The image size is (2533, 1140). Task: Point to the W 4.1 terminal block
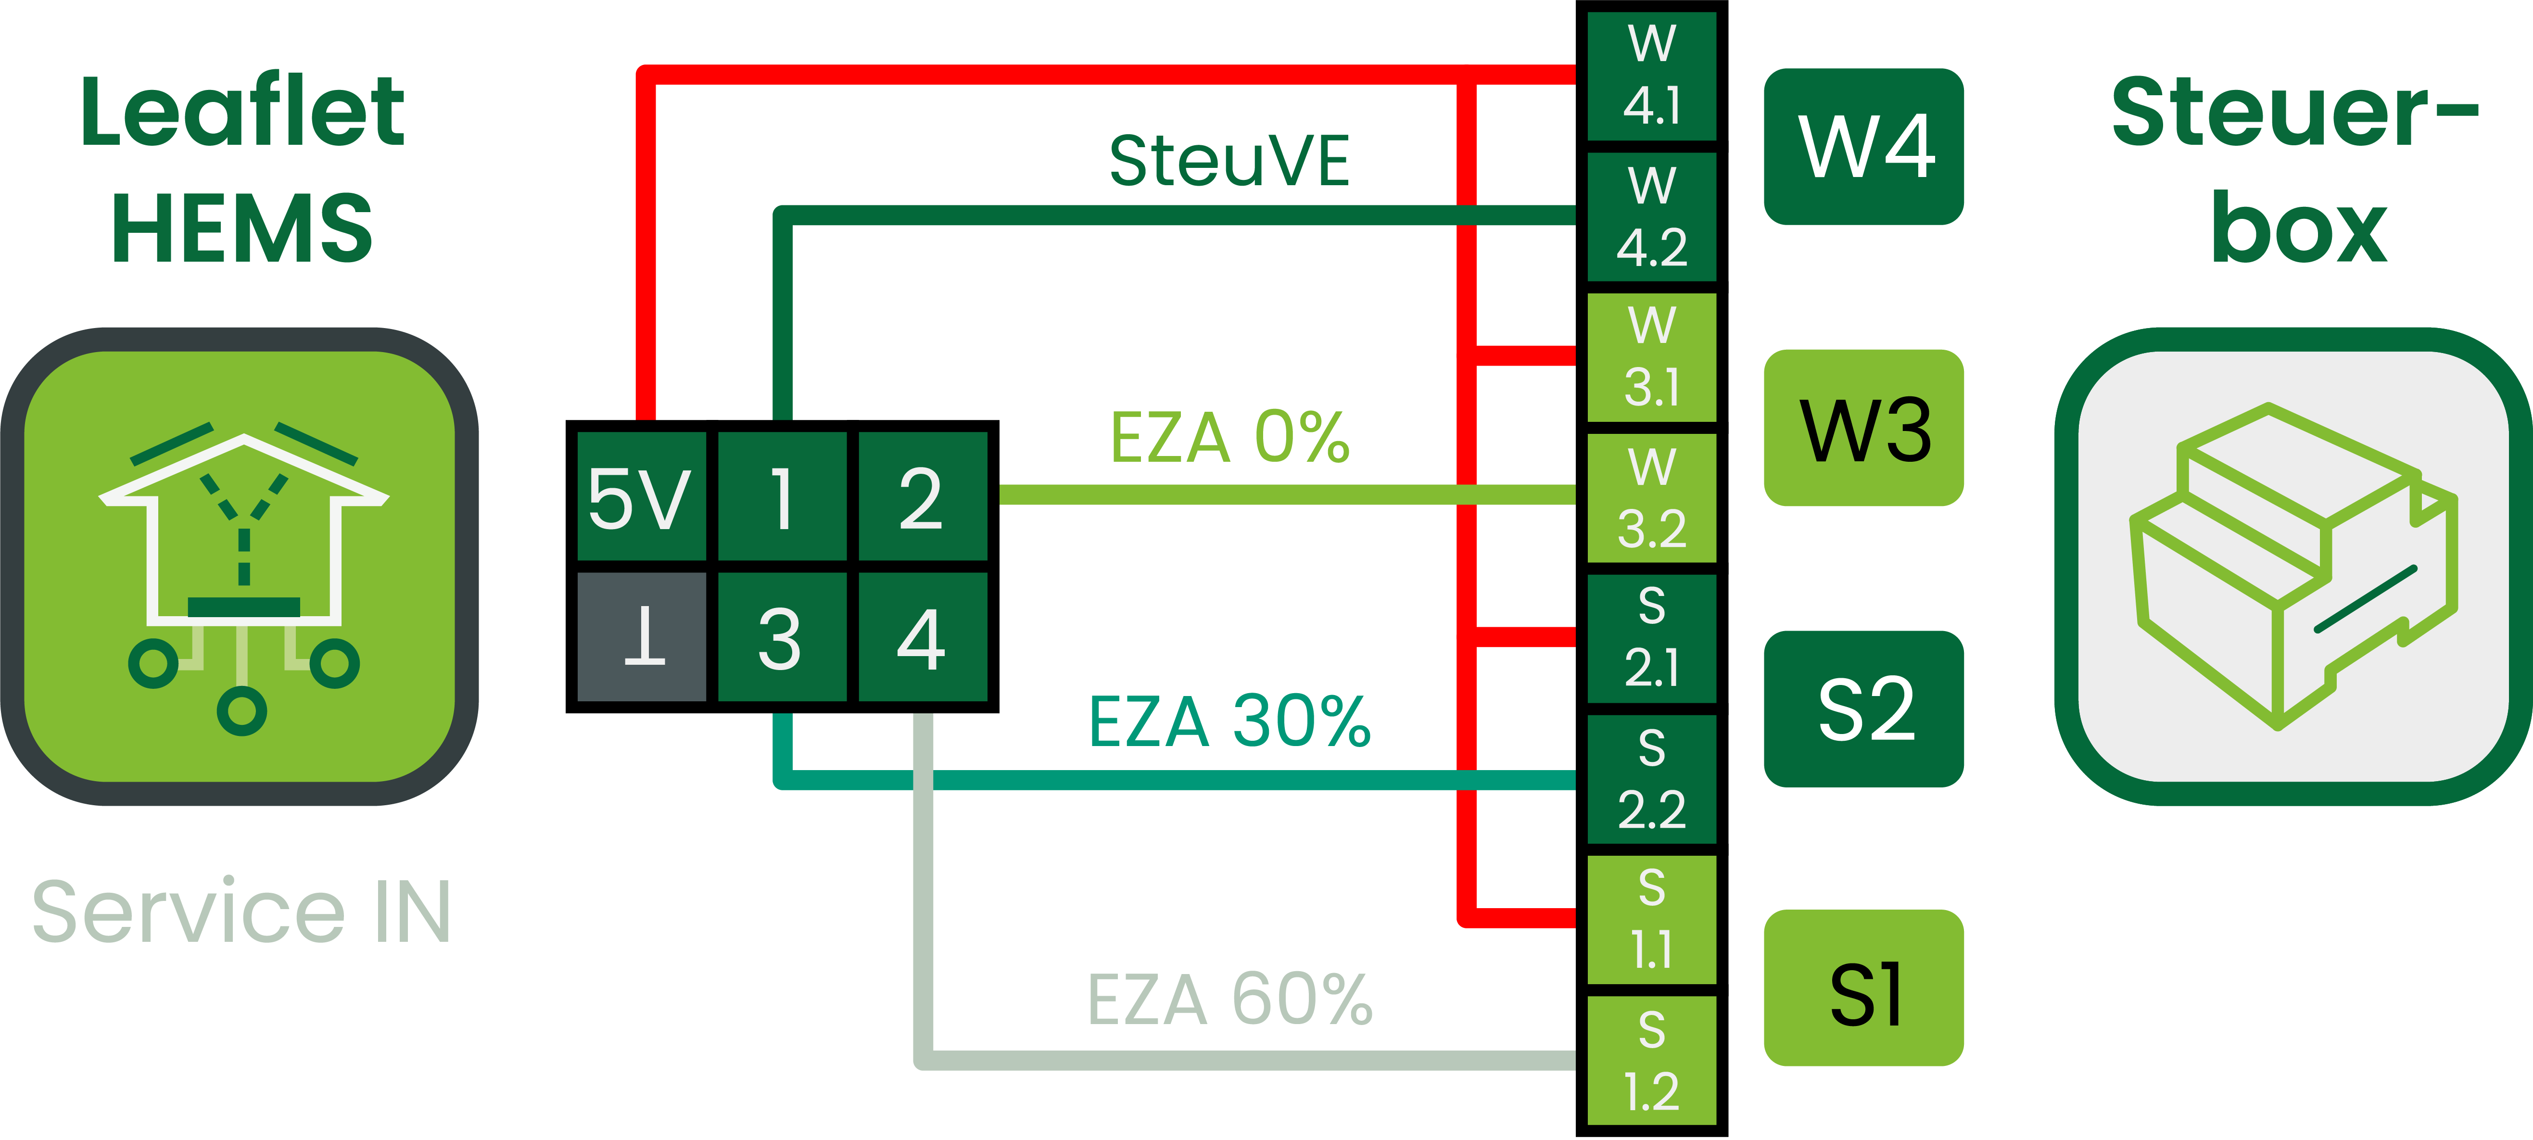[1652, 76]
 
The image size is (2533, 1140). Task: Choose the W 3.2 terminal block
[1652, 499]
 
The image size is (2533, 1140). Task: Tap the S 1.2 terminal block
[1652, 1060]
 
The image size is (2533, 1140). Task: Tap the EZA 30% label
[1229, 721]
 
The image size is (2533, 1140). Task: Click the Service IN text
[241, 912]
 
